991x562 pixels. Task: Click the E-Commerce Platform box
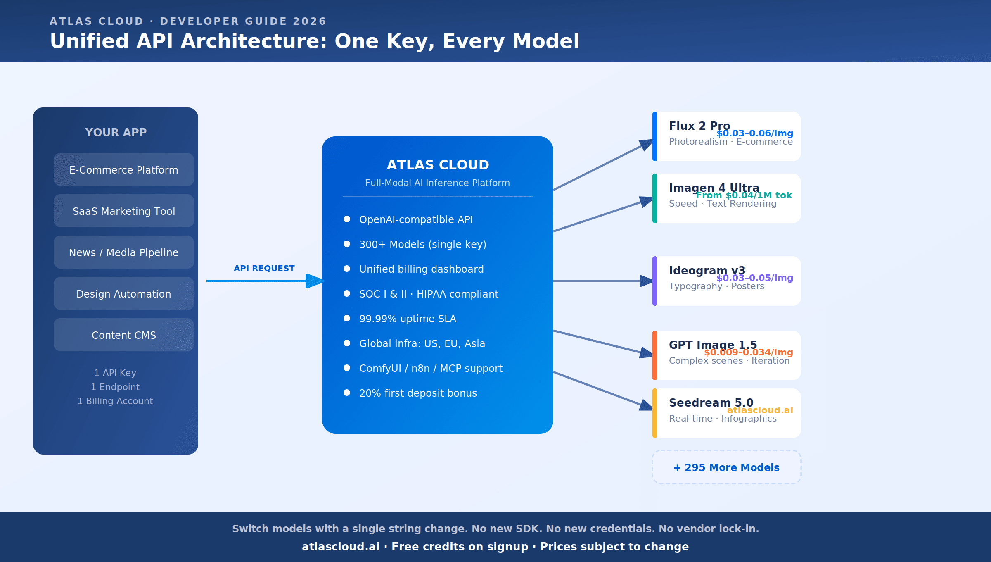[x=123, y=170]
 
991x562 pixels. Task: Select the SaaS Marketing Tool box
[x=123, y=211]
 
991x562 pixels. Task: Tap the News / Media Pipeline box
[x=123, y=252]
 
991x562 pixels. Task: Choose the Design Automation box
[x=123, y=294]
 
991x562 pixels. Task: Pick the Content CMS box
[x=123, y=335]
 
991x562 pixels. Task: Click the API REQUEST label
[x=264, y=269]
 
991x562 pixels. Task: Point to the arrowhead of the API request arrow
[x=315, y=281]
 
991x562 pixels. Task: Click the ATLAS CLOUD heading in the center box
[x=438, y=165]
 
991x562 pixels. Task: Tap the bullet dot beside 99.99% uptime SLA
[x=347, y=318]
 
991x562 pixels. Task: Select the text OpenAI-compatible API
[x=415, y=219]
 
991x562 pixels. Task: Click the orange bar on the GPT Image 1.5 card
[x=655, y=355]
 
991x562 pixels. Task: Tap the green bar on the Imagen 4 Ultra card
[x=655, y=198]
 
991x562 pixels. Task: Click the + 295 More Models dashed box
[x=726, y=467]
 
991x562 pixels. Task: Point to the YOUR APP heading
[x=116, y=132]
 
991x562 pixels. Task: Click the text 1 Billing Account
[x=115, y=401]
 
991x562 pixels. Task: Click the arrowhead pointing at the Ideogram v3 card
[x=647, y=281]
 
